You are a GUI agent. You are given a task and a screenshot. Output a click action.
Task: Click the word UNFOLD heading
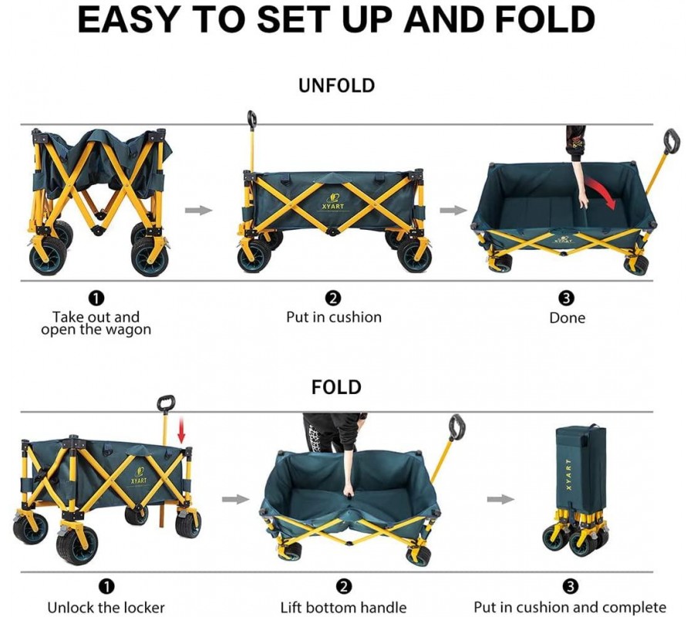pos(336,86)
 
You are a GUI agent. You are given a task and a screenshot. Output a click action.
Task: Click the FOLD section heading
pos(336,387)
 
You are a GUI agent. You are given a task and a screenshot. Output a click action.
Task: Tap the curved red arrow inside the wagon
pos(601,194)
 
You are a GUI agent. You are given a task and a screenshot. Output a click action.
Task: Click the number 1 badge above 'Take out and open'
pos(96,298)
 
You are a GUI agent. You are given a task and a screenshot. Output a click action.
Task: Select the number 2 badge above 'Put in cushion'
pos(333,298)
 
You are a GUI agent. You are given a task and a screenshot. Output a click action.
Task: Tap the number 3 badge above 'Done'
pos(567,298)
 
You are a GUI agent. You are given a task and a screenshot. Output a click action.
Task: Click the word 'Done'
pos(567,318)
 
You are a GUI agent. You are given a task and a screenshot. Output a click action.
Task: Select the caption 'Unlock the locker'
pos(106,607)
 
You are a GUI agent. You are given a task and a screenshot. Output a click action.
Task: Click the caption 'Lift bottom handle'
pos(343,607)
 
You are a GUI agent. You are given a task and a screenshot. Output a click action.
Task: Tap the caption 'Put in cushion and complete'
pos(570,607)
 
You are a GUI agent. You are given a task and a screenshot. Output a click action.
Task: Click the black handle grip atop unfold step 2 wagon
pos(252,118)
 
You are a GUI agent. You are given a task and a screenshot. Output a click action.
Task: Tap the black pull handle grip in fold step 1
pos(167,403)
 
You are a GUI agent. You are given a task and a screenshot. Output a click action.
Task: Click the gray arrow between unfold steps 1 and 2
pos(199,211)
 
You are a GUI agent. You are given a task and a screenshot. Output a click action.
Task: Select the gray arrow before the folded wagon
pos(500,499)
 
